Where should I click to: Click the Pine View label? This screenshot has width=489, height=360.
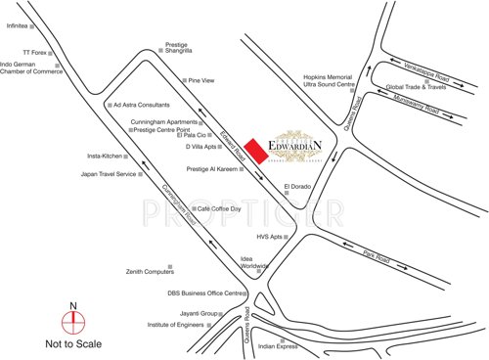pos(200,80)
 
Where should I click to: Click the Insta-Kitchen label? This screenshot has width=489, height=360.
pos(105,156)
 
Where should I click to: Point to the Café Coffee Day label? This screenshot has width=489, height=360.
pos(221,208)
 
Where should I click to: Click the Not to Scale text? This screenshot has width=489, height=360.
pos(71,344)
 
